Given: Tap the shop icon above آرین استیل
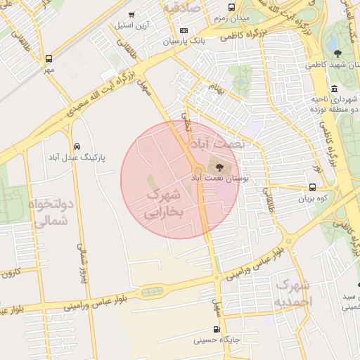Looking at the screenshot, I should pyautogui.click(x=132, y=15).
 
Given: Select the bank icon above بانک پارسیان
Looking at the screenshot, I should pyautogui.click(x=184, y=30).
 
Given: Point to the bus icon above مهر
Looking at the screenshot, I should pyautogui.click(x=49, y=59).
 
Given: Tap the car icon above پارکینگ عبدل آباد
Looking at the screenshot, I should pyautogui.click(x=76, y=146).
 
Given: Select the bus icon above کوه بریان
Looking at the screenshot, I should pyautogui.click(x=313, y=188).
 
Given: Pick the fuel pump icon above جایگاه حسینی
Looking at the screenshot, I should pyautogui.click(x=216, y=328).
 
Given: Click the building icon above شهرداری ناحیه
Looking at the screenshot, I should pyautogui.click(x=335, y=89).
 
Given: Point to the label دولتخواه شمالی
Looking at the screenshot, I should pyautogui.click(x=51, y=212).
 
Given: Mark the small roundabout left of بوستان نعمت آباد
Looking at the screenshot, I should pyautogui.click(x=199, y=171).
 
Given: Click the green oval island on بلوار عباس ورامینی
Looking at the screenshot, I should pyautogui.click(x=152, y=291).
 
